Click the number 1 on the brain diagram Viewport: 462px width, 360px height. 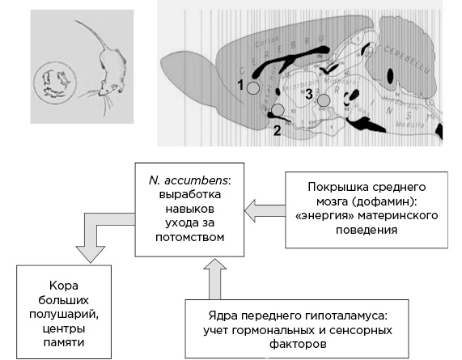click(x=240, y=84)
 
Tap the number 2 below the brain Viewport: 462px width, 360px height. click(x=276, y=129)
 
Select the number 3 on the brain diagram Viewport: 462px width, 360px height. click(x=308, y=95)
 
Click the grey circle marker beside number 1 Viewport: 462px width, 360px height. click(x=253, y=87)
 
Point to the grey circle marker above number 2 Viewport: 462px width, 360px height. click(x=278, y=109)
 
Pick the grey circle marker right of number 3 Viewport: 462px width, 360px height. click(x=324, y=100)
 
